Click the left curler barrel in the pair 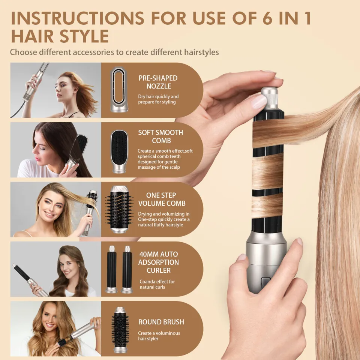coord(112,269)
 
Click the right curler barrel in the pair coord(127,269)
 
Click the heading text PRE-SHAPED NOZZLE coord(158,82)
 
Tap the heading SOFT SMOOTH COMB coord(160,136)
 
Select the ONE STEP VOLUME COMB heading coord(161,199)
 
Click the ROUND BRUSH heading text coord(161,322)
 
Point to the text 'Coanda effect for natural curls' coord(157,284)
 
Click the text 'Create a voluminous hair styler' coord(159,336)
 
